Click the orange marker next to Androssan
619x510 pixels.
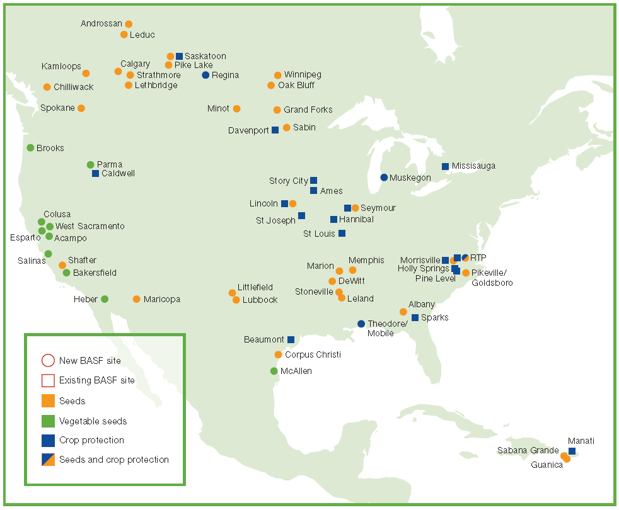[129, 24]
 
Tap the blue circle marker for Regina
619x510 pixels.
[205, 75]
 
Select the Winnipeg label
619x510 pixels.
[303, 75]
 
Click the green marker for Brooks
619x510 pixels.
[30, 148]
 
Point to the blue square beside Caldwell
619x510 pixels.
[95, 173]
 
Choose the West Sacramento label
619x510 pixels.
[90, 226]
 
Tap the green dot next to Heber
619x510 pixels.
[105, 299]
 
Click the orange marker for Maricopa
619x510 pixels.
[136, 299]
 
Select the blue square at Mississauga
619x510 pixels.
[445, 166]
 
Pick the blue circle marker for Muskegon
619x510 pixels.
[384, 178]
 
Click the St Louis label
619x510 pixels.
[320, 234]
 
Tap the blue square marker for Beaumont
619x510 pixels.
[291, 339]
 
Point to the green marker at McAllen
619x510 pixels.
[274, 371]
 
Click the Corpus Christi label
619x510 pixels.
[313, 354]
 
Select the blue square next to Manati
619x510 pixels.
[572, 451]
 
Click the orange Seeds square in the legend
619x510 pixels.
[48, 400]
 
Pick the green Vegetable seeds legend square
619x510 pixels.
[48, 421]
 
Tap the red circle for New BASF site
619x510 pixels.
[48, 361]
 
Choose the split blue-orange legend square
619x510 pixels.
[48, 460]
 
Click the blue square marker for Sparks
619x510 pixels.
[415, 317]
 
